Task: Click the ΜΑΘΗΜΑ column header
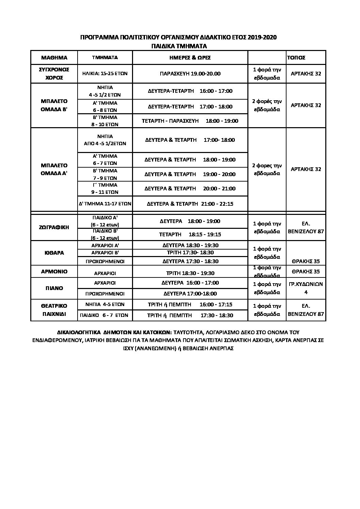pyautogui.click(x=54, y=57)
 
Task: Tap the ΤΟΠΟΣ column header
pyautogui.click(x=296, y=57)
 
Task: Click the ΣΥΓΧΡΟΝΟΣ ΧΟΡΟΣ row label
pyautogui.click(x=54, y=73)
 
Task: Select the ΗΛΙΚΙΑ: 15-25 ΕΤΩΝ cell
pyautogui.click(x=105, y=73)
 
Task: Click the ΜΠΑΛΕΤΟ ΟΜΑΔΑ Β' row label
pyautogui.click(x=54, y=105)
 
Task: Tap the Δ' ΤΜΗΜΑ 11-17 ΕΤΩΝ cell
pyautogui.click(x=105, y=204)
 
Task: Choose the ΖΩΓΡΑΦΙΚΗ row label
pyautogui.click(x=54, y=227)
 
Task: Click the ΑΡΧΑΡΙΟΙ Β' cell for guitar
pyautogui.click(x=105, y=253)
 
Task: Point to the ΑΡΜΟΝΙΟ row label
pyautogui.click(x=54, y=271)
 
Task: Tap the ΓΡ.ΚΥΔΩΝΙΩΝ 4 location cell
pyautogui.click(x=306, y=288)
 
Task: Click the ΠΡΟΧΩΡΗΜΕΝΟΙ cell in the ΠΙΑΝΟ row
pyautogui.click(x=105, y=293)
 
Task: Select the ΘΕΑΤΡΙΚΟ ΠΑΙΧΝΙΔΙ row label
pyautogui.click(x=54, y=310)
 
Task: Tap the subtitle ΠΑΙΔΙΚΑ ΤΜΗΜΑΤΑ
pyautogui.click(x=180, y=46)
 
